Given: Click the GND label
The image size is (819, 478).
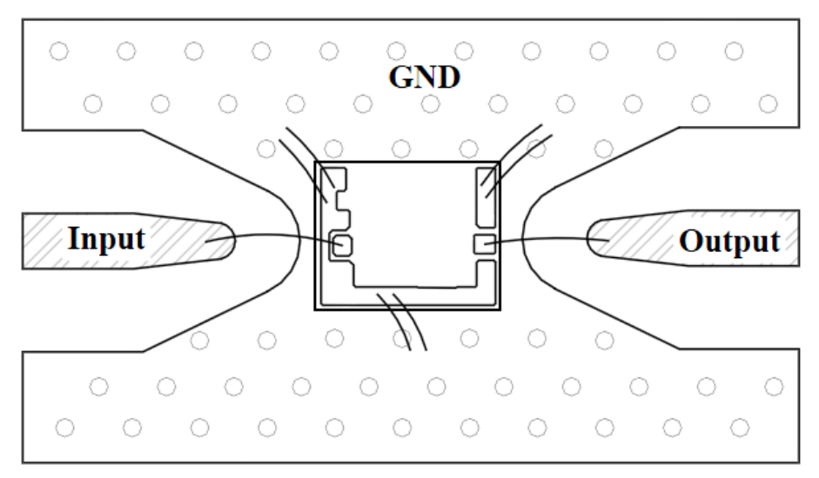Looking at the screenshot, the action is click(424, 77).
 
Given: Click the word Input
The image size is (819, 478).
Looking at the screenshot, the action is click(106, 240).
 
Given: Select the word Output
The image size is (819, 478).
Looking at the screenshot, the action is click(729, 242).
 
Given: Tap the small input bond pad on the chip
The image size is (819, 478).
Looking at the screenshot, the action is click(343, 246).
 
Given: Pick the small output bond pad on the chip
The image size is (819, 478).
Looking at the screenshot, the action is click(485, 243).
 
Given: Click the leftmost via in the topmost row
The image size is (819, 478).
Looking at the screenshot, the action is click(59, 51).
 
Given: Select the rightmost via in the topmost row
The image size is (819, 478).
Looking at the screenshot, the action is click(734, 51).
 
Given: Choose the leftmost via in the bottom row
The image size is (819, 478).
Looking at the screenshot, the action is click(64, 428).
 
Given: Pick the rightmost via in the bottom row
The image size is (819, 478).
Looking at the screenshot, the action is click(740, 428).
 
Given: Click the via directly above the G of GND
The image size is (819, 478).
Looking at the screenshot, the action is click(396, 51).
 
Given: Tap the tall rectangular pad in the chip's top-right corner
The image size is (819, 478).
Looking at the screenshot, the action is click(486, 197).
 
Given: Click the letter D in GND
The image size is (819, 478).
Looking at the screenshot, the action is click(448, 77).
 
